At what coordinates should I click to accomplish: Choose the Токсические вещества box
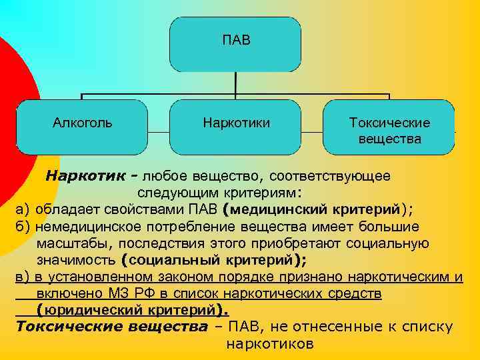click(x=389, y=131)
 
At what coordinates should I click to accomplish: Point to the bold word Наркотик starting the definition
click(x=85, y=177)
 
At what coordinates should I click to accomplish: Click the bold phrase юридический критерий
click(x=131, y=310)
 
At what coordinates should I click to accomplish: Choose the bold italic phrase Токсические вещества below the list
click(x=111, y=327)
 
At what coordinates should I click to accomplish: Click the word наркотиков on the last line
click(x=269, y=344)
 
